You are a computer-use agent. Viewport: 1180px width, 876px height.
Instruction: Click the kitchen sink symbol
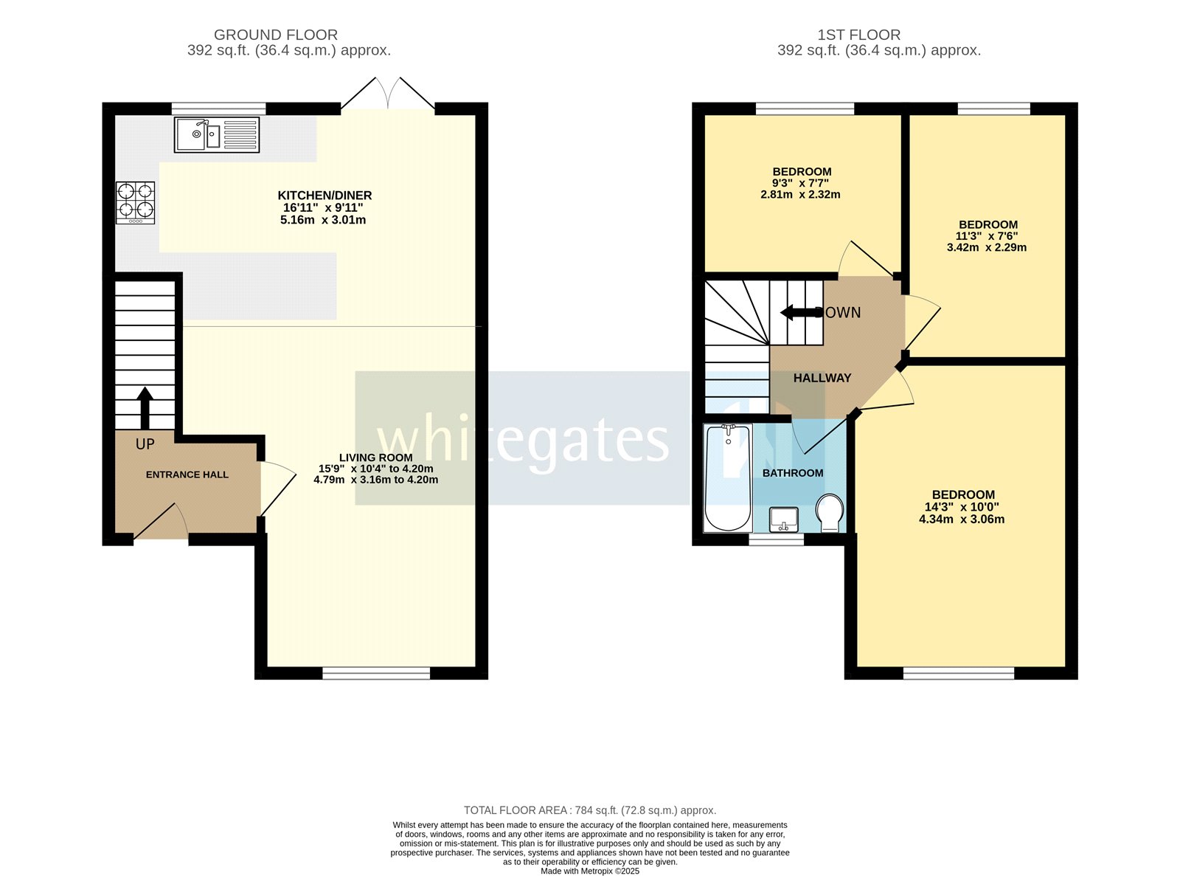coord(216,134)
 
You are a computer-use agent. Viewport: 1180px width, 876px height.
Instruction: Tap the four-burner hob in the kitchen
coord(136,202)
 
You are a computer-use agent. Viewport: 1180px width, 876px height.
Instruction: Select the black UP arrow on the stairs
coord(145,407)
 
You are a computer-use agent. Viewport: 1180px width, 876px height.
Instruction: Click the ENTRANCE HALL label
coord(187,475)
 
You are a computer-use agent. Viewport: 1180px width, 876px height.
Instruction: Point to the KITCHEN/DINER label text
coord(324,196)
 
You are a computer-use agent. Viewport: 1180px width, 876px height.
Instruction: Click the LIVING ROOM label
coord(375,458)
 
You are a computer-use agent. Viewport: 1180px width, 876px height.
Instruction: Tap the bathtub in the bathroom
coord(728,477)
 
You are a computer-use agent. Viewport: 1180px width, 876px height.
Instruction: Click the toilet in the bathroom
coord(830,512)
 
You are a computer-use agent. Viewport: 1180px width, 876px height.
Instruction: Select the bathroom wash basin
coord(783,519)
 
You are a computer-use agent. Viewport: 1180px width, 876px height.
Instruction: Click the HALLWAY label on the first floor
coord(822,378)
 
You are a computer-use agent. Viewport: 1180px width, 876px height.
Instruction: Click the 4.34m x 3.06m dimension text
coord(961,519)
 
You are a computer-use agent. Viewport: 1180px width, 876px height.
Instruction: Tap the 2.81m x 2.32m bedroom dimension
coord(800,195)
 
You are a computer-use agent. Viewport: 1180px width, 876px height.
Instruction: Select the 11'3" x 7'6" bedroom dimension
coord(986,236)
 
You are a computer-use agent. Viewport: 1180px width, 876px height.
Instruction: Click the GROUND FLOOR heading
coord(276,35)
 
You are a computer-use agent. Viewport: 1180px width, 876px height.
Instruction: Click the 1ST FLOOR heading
coord(858,35)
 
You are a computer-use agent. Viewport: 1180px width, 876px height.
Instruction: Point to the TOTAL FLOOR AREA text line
coord(589,810)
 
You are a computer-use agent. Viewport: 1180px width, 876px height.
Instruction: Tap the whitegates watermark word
coord(523,441)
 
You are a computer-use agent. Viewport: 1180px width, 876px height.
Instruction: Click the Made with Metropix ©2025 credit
coord(589,871)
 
